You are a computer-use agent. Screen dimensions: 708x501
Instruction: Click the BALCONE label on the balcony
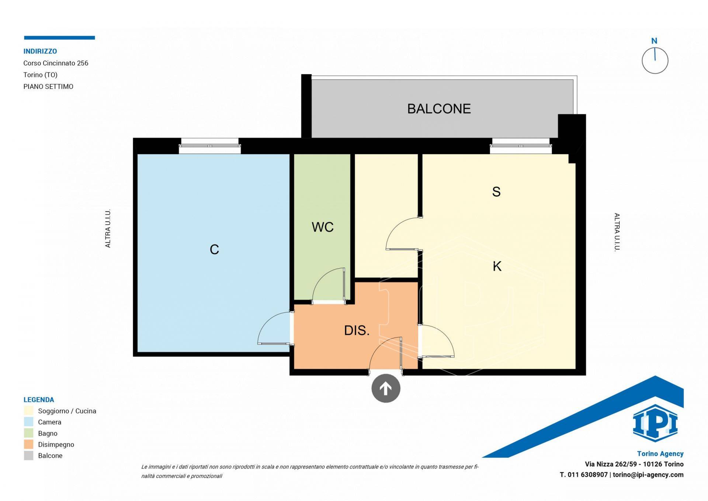[439, 109]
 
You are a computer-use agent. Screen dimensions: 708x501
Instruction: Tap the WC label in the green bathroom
[323, 227]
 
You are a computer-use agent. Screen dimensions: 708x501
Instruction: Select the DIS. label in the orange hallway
[357, 331]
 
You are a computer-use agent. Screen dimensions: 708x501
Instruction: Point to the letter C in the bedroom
[214, 250]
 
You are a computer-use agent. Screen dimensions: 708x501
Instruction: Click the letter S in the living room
[496, 192]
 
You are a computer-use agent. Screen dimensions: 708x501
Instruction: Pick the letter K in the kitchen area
[497, 266]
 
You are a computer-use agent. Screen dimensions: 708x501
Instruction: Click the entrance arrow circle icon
[386, 388]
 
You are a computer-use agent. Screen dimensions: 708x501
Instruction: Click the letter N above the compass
[654, 41]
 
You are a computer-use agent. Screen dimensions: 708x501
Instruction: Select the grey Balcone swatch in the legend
[28, 456]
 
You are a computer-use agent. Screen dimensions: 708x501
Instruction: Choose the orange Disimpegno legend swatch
[28, 445]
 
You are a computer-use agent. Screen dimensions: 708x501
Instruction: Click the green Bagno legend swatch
[28, 433]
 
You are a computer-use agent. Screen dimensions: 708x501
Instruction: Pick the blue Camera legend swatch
[28, 422]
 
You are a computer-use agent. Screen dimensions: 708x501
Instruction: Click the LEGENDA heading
[39, 400]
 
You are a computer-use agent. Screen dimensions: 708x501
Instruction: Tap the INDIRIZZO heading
[40, 51]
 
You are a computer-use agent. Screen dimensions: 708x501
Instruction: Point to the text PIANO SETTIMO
[48, 87]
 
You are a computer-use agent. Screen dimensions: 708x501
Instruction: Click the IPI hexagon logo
[655, 423]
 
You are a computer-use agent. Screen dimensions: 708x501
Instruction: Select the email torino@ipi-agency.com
[648, 475]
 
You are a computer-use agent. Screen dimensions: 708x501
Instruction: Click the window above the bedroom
[210, 146]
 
